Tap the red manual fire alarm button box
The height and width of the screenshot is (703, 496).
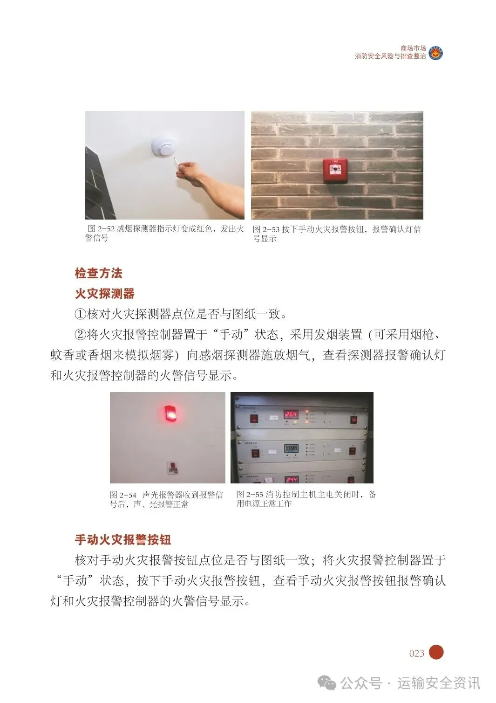coord(335,171)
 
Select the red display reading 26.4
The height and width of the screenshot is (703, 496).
coord(291,414)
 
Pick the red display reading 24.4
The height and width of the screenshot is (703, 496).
coord(291,479)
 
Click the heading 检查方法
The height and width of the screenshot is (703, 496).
coord(98,273)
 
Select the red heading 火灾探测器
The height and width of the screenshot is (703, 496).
coord(105,294)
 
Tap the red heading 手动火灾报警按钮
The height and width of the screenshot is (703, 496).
coord(123,540)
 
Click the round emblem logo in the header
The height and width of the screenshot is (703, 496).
coord(435,52)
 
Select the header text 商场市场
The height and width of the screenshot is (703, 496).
coord(413,48)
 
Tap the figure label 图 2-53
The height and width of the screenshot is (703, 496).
coord(266,229)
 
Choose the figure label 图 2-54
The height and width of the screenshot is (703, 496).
coord(123,495)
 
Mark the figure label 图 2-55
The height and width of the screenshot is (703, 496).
coord(250,494)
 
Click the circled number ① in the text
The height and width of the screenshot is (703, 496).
coord(81,314)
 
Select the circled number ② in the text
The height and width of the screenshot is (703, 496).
coord(81,335)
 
